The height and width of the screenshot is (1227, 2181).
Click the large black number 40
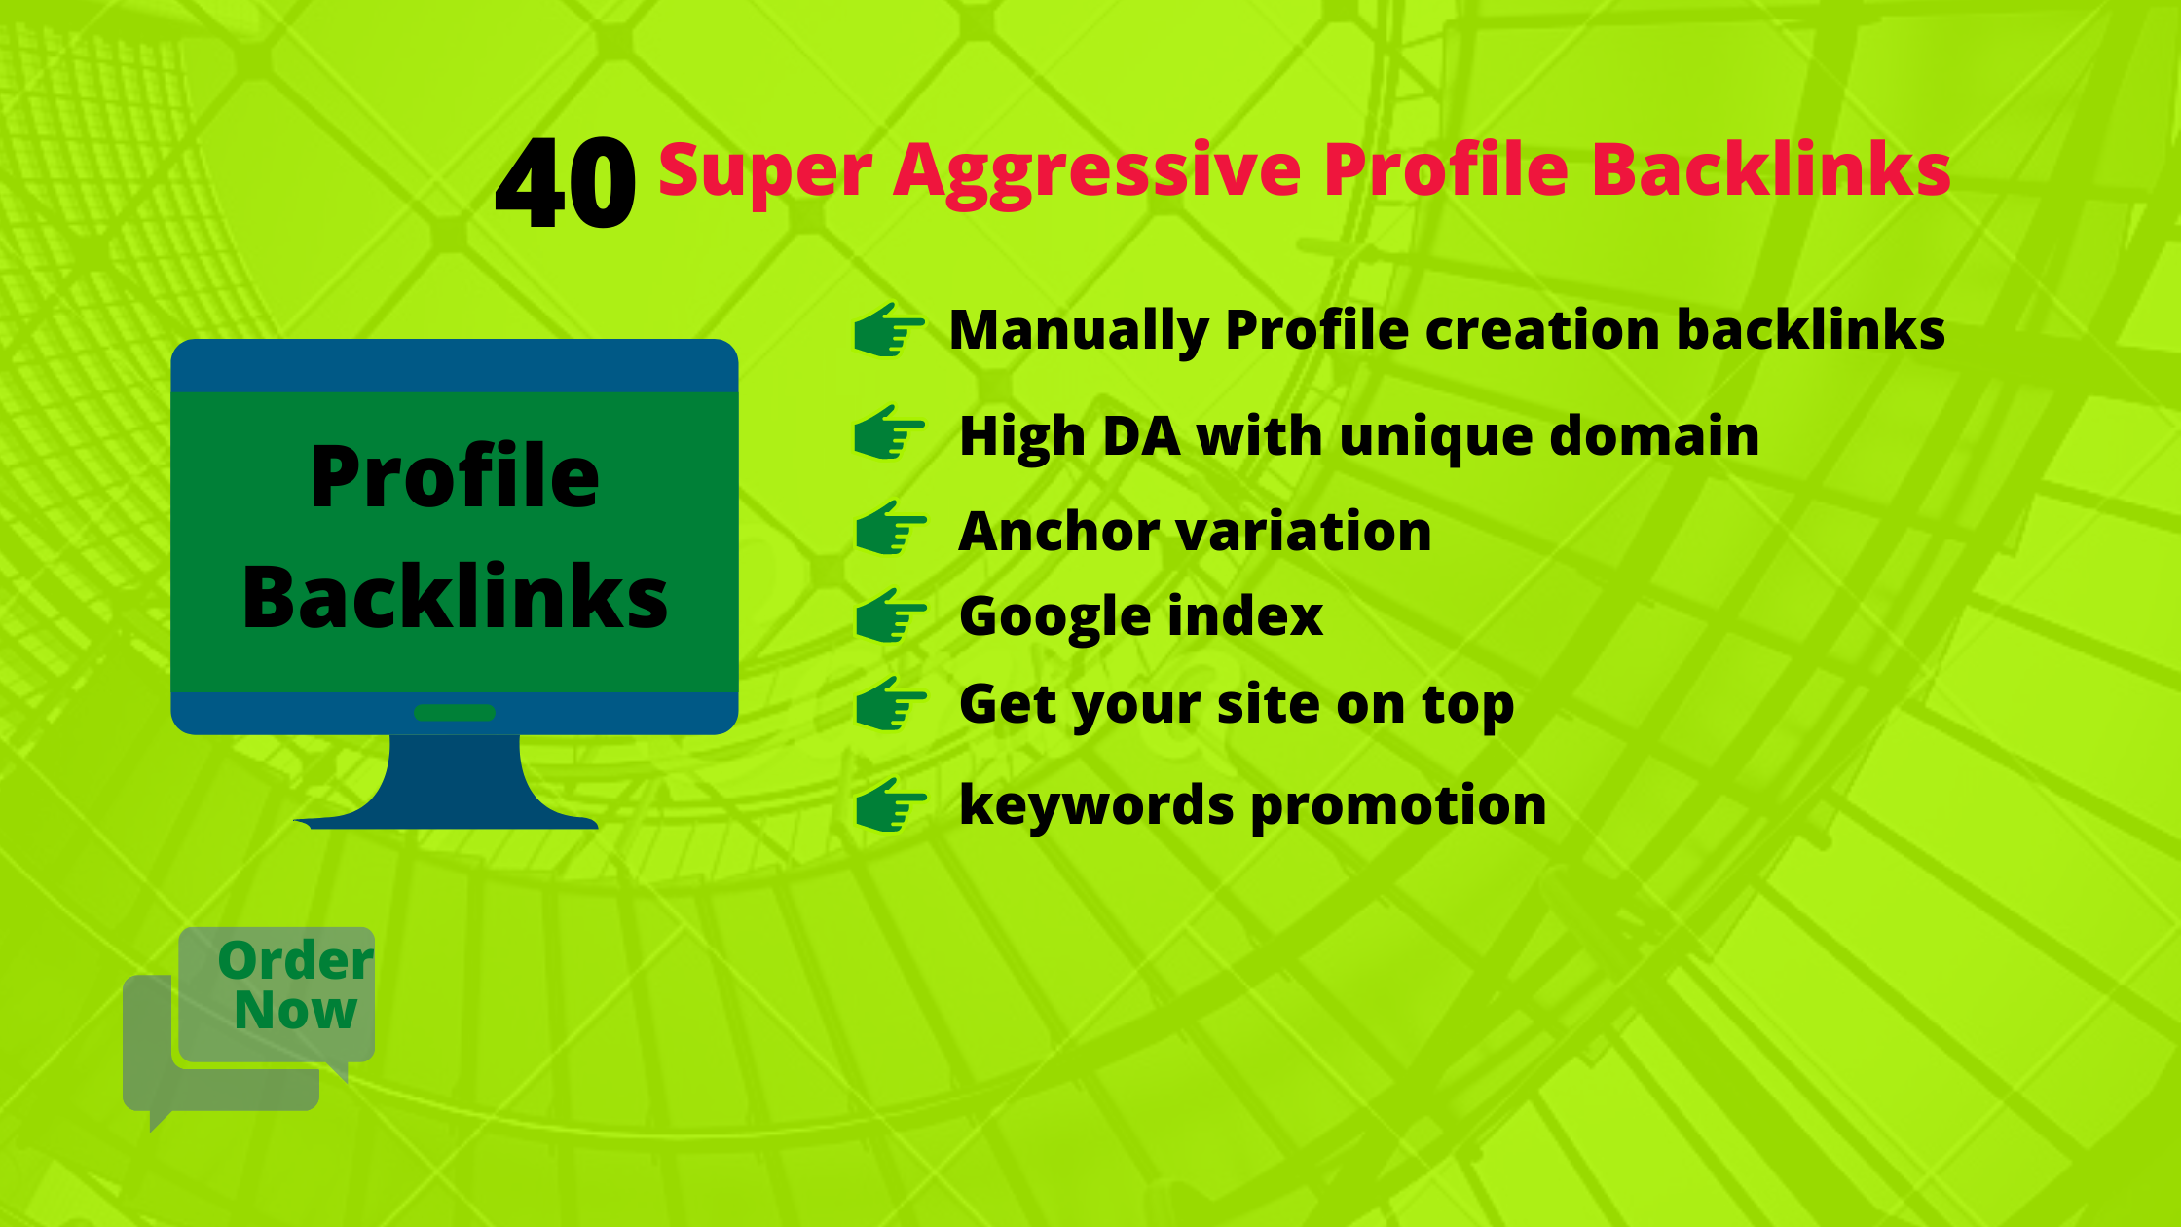point(565,183)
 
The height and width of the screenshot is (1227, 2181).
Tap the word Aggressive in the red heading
point(1097,171)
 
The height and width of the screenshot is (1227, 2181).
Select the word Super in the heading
point(765,171)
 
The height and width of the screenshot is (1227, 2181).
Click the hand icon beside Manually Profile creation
point(888,330)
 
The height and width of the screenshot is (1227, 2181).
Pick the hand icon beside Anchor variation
point(890,529)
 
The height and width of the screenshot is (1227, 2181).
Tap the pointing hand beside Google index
point(890,615)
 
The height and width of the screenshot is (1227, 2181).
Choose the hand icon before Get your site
point(890,703)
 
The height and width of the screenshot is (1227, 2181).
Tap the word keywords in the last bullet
point(1095,806)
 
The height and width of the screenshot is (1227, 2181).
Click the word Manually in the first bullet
point(1078,331)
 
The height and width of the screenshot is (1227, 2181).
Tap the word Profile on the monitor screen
point(455,476)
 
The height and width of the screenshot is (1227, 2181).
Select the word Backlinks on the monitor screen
point(455,596)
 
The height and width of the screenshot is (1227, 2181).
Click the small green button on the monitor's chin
point(455,713)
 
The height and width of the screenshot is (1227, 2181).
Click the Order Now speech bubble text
point(295,985)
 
